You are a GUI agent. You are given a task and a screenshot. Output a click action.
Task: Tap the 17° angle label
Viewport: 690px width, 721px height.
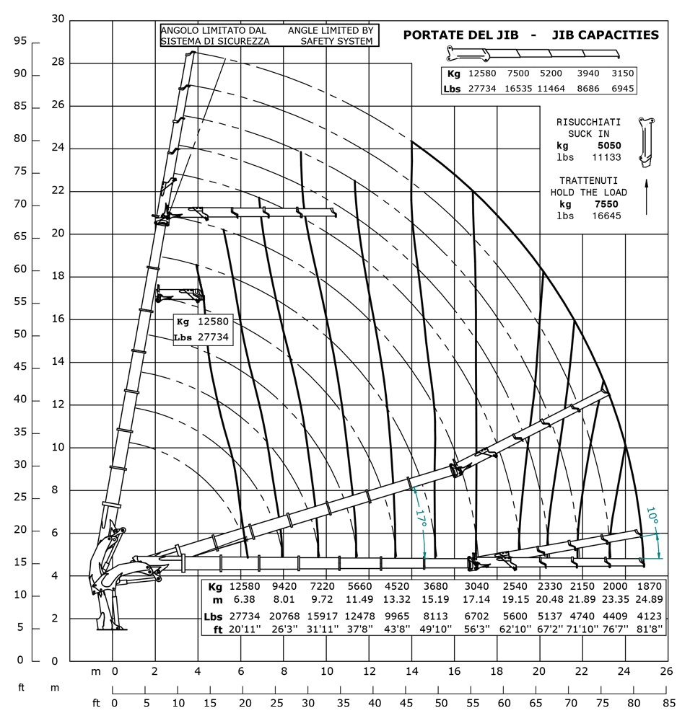419,521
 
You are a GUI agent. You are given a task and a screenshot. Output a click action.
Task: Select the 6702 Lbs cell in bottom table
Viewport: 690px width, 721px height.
475,617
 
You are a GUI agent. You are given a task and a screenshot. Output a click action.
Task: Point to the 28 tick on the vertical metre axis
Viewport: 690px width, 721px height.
58,62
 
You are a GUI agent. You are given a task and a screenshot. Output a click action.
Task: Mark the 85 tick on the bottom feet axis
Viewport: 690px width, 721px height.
668,702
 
